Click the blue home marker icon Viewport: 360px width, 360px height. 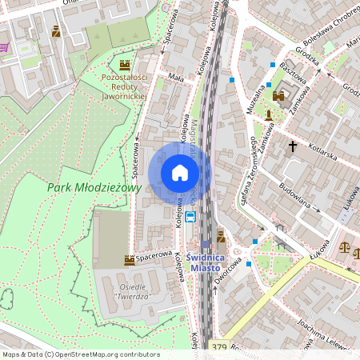tap(180, 173)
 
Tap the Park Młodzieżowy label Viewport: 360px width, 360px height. tap(94, 187)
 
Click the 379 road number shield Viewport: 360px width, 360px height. tap(220, 346)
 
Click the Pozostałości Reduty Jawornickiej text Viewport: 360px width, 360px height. tap(125, 86)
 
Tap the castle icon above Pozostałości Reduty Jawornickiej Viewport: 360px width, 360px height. tap(125, 64)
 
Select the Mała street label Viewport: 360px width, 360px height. tap(176, 77)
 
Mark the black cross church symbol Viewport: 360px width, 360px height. tap(293, 146)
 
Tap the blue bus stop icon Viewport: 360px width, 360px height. tap(190, 216)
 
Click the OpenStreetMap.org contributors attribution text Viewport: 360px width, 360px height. tap(104, 354)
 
